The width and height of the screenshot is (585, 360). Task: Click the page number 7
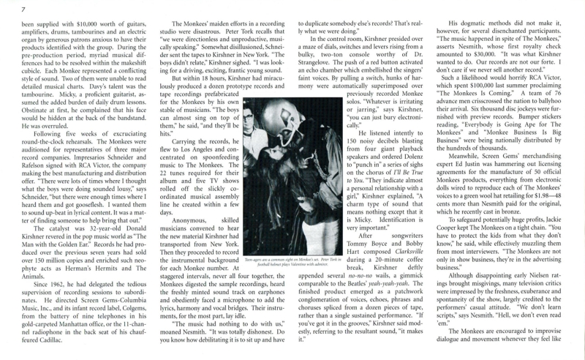click(4, 8)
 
